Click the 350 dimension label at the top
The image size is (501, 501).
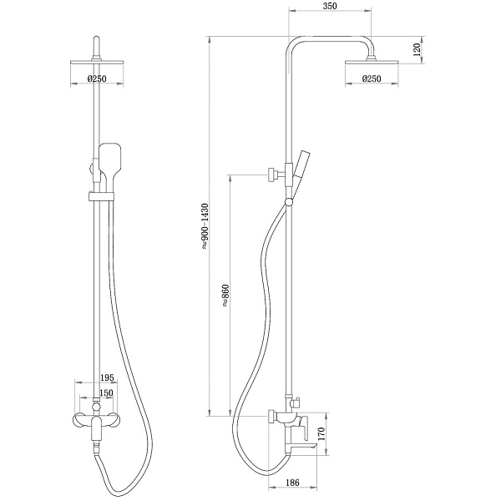(330, 6)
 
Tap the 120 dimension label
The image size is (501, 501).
(417, 50)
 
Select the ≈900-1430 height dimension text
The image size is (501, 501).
(205, 226)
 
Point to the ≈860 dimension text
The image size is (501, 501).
(225, 296)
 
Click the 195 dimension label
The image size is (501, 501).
(107, 377)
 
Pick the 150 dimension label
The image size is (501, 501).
(106, 392)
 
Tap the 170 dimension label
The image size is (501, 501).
(321, 434)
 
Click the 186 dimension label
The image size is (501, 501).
(292, 482)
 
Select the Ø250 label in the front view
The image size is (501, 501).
(97, 78)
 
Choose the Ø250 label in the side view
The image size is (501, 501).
(372, 78)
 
